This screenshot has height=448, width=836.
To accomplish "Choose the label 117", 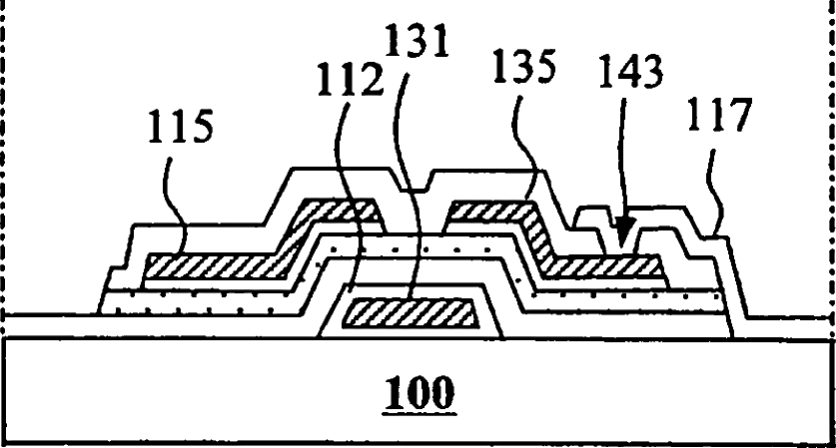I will point(717,116).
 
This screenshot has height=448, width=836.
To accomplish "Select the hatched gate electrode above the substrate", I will point(410,314).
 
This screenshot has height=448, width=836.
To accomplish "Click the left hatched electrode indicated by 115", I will point(220,265).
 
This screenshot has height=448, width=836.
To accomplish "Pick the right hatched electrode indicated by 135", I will point(599,265).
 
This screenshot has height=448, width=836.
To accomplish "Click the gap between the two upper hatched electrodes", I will point(416,214).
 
